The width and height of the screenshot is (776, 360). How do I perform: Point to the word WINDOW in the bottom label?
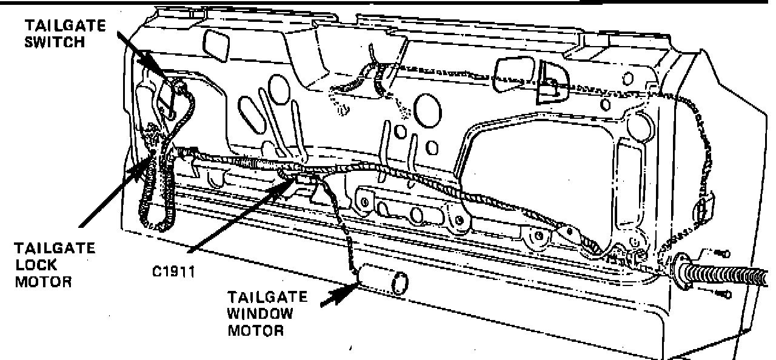pyautogui.click(x=260, y=315)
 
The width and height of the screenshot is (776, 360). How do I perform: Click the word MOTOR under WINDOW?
pyautogui.click(x=255, y=331)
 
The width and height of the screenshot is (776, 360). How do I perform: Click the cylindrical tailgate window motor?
pyautogui.click(x=381, y=282)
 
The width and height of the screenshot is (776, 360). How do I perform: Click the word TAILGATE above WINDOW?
pyautogui.click(x=267, y=298)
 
